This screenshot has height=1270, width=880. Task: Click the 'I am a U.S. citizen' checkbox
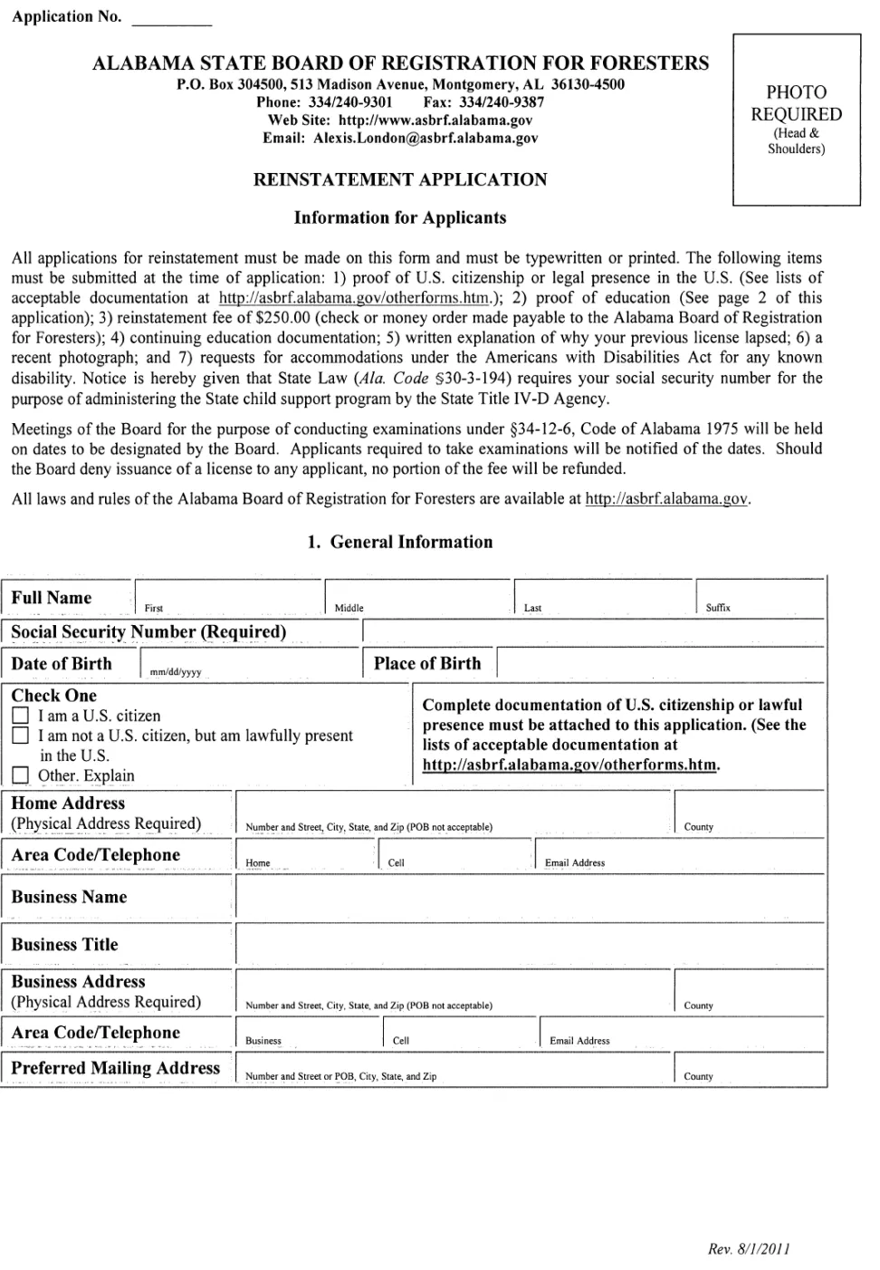[20, 716]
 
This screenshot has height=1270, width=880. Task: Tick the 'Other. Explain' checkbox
[20, 775]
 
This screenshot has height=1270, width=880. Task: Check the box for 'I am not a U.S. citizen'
[20, 736]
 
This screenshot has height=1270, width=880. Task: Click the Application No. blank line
[171, 18]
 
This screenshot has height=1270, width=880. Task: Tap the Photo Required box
[796, 120]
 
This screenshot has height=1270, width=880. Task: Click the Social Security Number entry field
[593, 632]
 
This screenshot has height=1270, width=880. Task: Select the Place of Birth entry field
[660, 663]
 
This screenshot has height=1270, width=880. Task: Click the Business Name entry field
[530, 898]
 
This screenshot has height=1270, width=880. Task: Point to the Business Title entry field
[530, 945]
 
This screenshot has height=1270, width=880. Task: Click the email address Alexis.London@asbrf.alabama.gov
[426, 139]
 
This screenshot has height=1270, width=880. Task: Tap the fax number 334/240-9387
[511, 102]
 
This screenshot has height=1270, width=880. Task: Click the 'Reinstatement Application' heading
[400, 179]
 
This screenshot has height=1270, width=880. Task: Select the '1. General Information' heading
[400, 542]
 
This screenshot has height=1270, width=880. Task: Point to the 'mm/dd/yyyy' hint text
[176, 672]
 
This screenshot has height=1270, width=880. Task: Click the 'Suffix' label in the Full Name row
[718, 608]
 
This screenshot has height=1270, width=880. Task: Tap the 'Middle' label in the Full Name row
[349, 608]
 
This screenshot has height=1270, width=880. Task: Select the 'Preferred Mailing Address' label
[116, 1068]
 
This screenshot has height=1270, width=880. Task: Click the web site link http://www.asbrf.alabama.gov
[435, 120]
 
